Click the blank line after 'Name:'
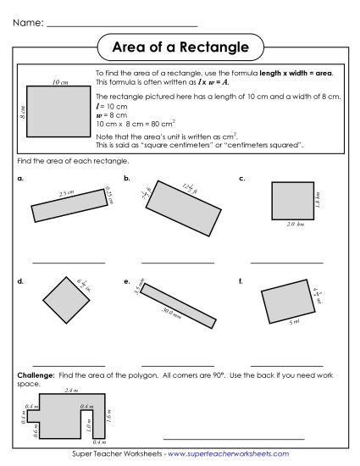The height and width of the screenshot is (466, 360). pos(123,25)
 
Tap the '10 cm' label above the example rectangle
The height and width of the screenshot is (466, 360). pos(59,81)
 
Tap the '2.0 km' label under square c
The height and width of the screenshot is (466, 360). pos(294,224)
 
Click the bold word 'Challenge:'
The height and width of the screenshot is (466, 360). pos(33,374)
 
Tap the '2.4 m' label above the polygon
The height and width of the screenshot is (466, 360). pos(71,391)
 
